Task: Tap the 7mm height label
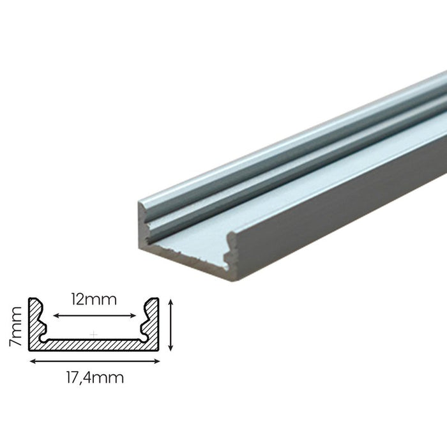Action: click(18, 326)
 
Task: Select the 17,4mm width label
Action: click(94, 377)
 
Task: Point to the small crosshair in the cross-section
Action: click(94, 333)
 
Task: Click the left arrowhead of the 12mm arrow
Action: click(56, 315)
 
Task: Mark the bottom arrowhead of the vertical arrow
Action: click(170, 347)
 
